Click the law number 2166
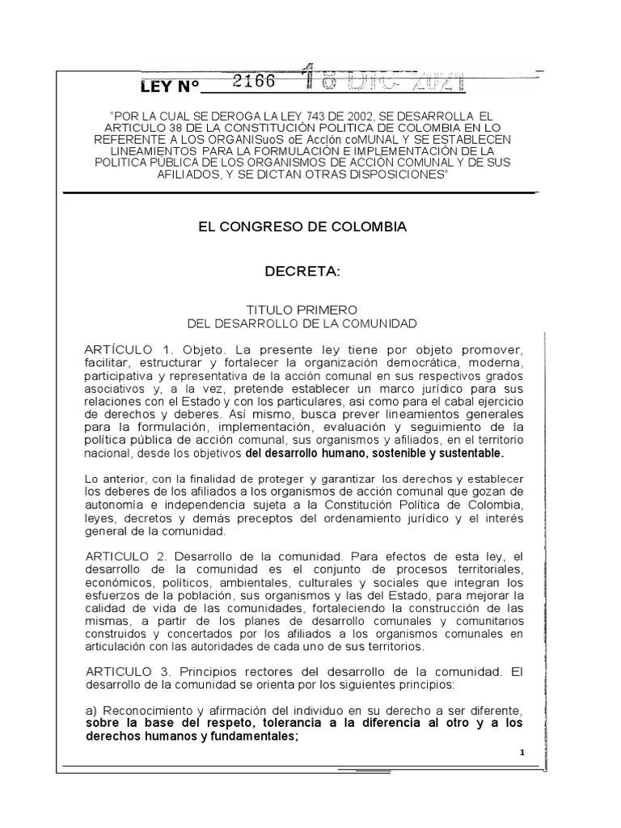253,82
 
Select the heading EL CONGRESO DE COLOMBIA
302,227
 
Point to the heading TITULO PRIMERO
302,310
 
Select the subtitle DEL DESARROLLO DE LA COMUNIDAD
302,324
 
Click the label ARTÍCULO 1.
129,349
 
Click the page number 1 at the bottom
522,752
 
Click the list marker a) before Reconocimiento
91,709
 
